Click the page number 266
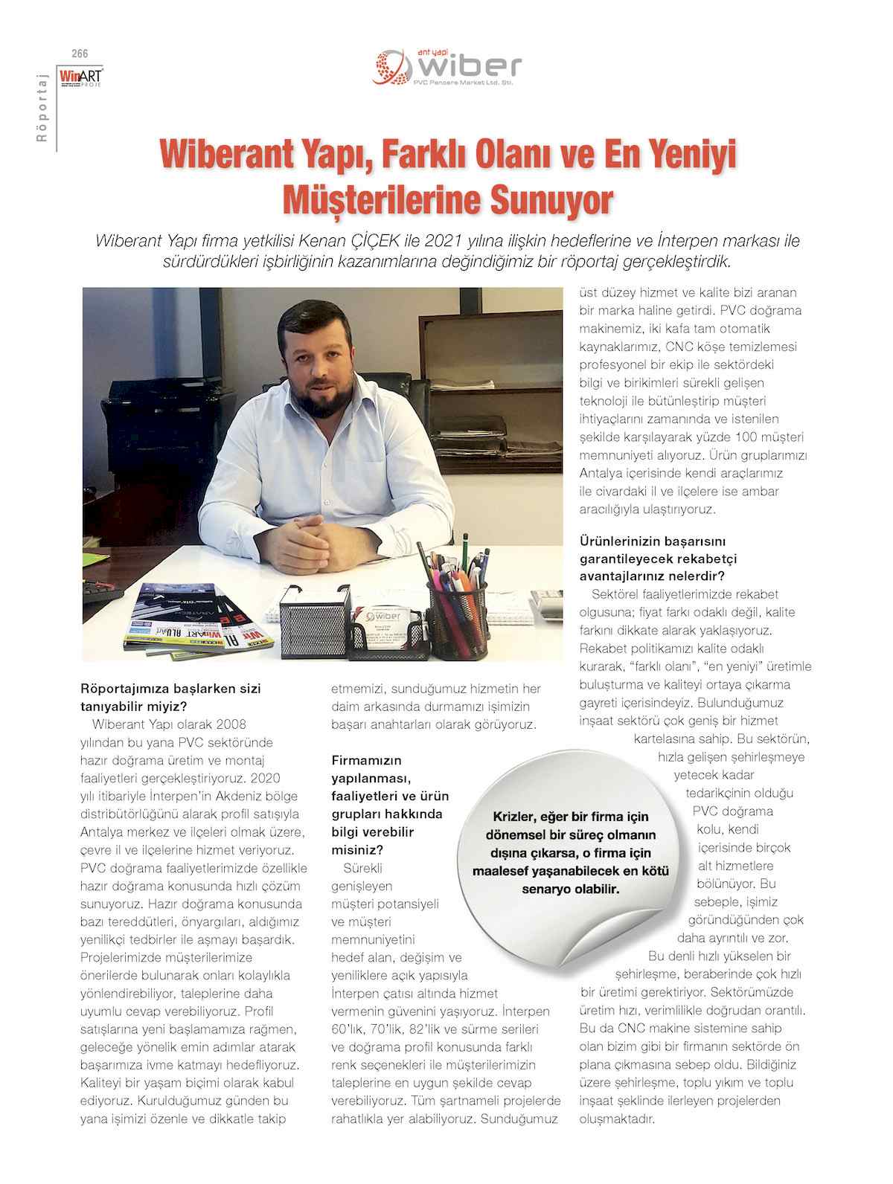pos(79,54)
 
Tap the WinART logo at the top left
pos(81,77)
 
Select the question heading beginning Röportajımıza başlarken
pos(170,697)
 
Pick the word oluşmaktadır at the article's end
pos(617,1119)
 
